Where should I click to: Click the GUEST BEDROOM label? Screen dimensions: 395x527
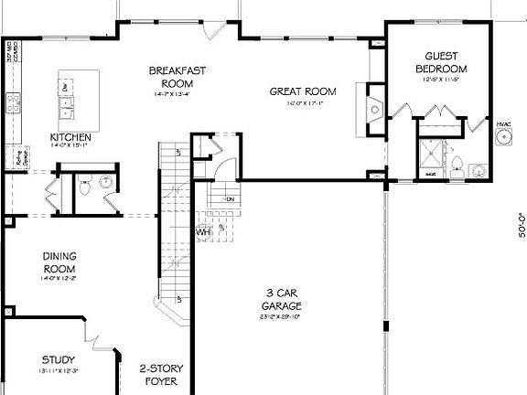441,62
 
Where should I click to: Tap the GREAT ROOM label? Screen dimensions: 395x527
302,91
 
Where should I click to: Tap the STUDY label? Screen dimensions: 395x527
59,360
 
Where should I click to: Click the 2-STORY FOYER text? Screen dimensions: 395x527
163,375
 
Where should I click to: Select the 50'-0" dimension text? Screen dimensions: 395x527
519,224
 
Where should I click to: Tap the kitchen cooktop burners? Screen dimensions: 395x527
14,103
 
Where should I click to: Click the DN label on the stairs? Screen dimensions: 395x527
231,198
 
